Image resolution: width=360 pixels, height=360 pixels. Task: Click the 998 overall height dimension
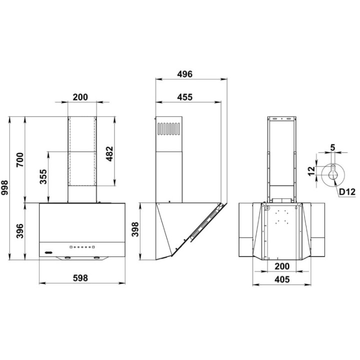(x=4, y=187)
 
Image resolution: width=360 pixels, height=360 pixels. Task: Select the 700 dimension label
(x=20, y=160)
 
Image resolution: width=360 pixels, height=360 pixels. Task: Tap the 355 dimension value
(x=43, y=176)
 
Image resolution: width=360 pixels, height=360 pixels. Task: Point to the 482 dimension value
(x=110, y=153)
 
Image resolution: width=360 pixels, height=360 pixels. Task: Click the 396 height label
(x=20, y=230)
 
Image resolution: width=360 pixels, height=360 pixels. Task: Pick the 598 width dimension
(x=80, y=278)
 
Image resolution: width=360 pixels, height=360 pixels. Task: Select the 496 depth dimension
(x=185, y=74)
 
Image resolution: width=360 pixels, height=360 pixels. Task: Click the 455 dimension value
(x=185, y=97)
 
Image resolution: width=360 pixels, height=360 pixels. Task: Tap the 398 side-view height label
(x=135, y=229)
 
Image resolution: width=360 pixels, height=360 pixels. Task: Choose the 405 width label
(x=282, y=279)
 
